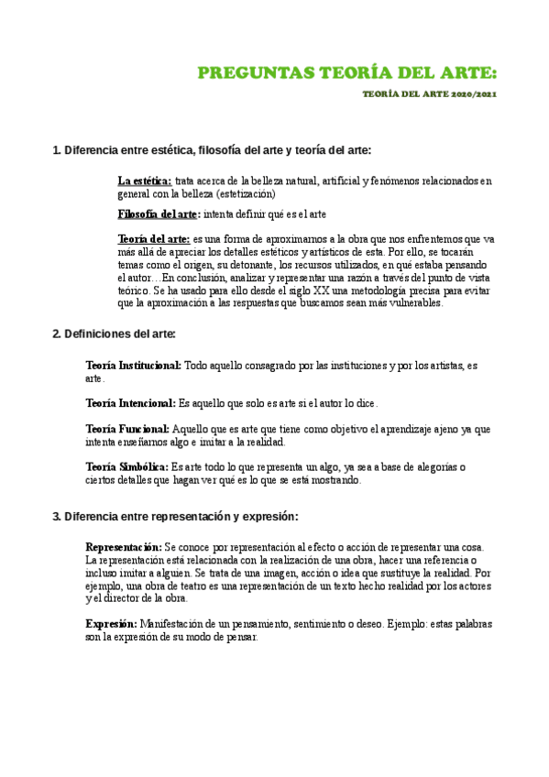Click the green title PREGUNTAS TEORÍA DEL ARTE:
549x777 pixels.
tap(349, 74)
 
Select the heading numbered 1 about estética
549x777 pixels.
tap(212, 150)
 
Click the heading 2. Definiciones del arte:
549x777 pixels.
tap(114, 334)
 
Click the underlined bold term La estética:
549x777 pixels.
tap(145, 181)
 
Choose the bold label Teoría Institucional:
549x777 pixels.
tap(133, 366)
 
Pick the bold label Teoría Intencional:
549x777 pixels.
tap(130, 403)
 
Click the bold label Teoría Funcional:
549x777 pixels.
tap(127, 429)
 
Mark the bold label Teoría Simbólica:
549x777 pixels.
tap(127, 466)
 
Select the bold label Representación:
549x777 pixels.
tap(124, 547)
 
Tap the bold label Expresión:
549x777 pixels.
tap(111, 624)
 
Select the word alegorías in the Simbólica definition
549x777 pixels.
tap(418, 466)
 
